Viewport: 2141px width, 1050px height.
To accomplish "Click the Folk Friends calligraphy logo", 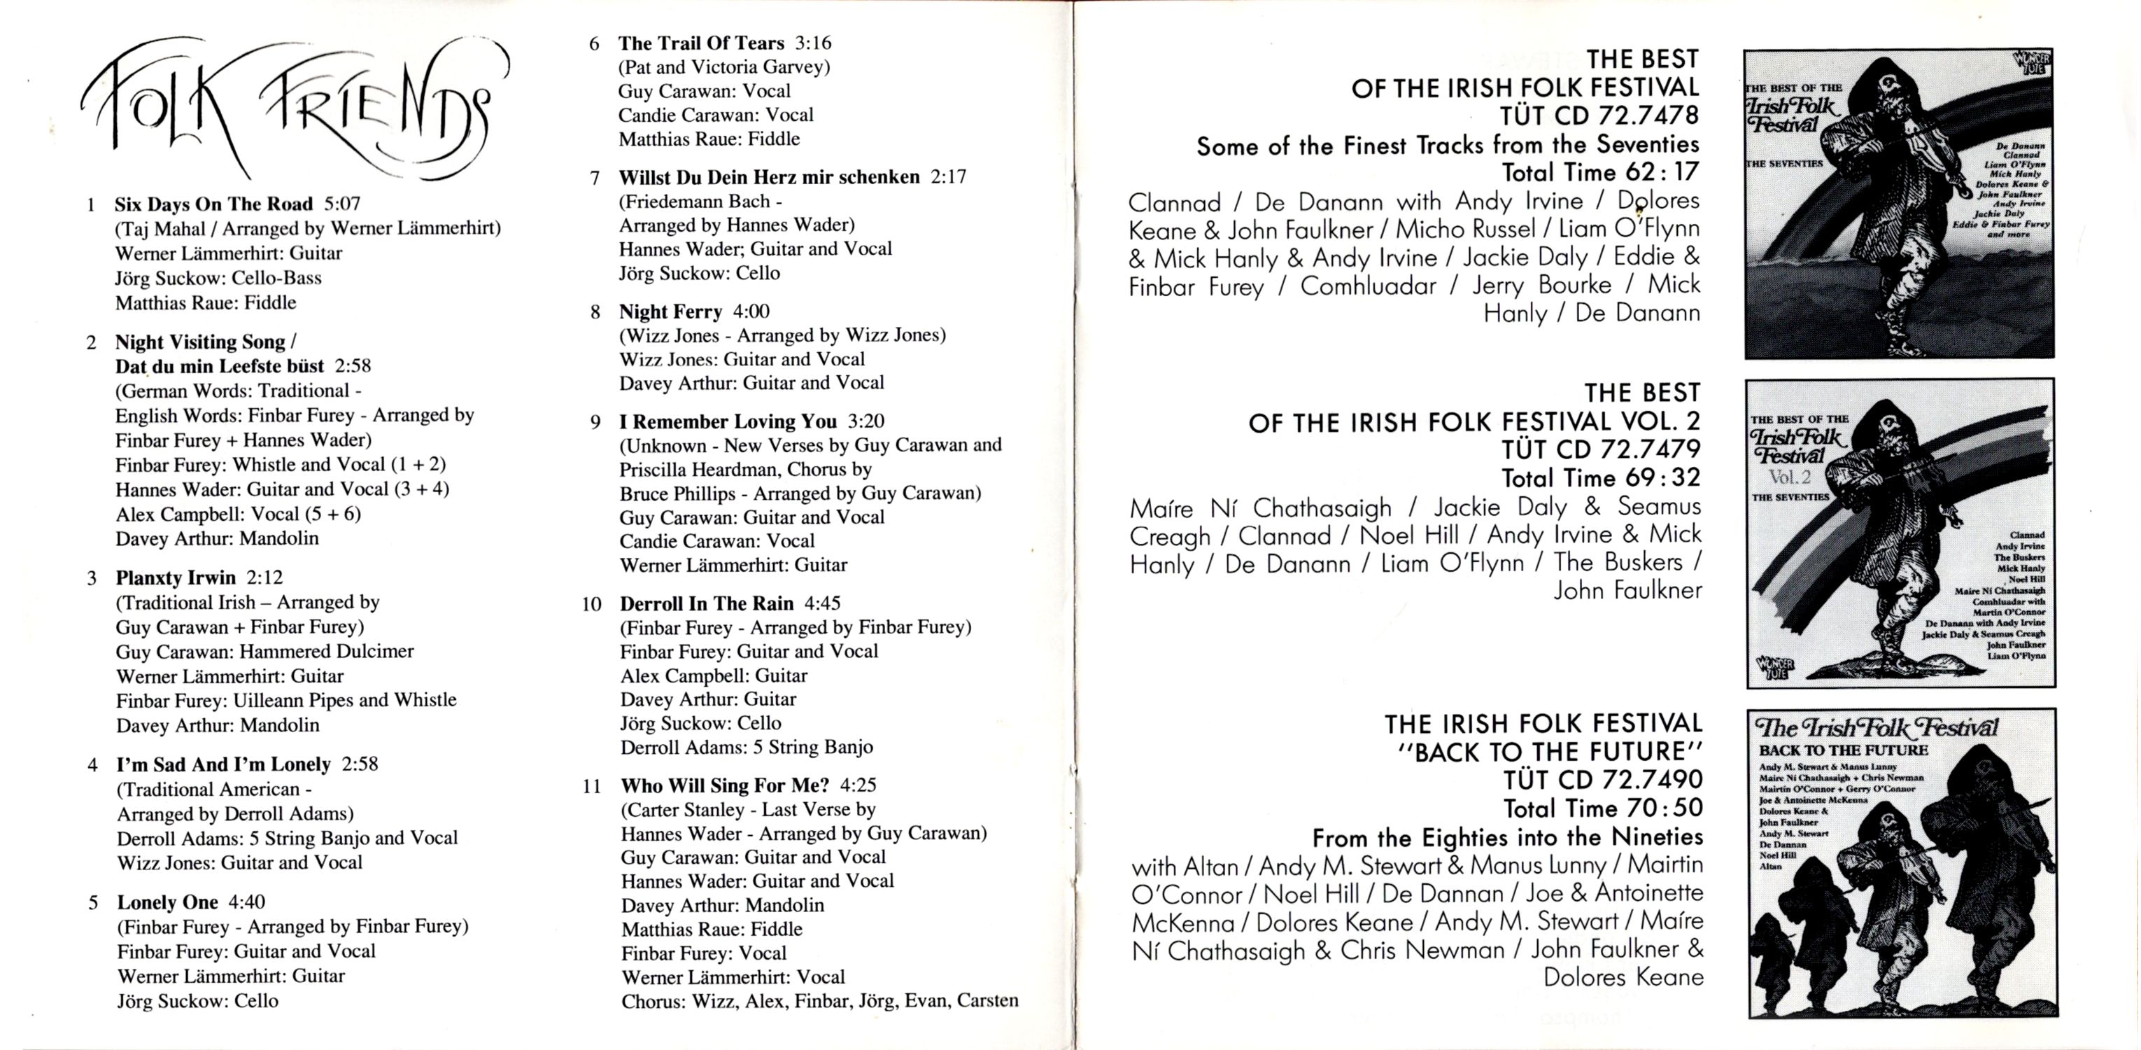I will coord(295,108).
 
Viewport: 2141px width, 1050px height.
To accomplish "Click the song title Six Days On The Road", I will coord(213,204).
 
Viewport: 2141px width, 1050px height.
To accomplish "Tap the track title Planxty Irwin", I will coord(176,577).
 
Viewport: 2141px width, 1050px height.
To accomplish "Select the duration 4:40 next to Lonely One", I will coord(247,902).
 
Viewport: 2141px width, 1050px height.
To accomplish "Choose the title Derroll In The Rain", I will coord(707,603).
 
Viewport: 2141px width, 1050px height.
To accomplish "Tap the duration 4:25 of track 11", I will coord(858,785).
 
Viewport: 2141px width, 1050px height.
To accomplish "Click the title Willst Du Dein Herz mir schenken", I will coord(769,177).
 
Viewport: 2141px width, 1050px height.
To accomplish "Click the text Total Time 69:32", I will coord(1601,478).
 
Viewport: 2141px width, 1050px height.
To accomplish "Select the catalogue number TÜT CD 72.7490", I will coord(1602,780).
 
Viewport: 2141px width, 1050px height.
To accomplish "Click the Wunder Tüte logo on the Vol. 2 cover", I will coord(1774,666).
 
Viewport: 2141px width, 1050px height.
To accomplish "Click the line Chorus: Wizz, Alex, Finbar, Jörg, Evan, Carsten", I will coord(819,1001).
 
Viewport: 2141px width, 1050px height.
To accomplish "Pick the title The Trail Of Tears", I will coord(700,43).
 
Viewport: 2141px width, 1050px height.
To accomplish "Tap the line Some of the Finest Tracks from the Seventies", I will coord(1447,146).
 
